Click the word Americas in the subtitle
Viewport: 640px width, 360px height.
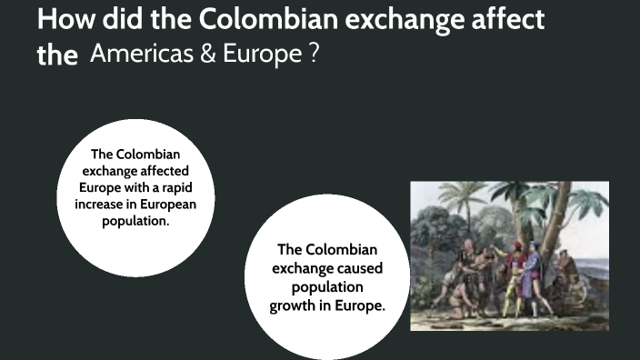pyautogui.click(x=143, y=55)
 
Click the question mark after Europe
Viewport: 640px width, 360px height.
pyautogui.click(x=314, y=55)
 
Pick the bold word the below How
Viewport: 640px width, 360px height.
pyautogui.click(x=57, y=56)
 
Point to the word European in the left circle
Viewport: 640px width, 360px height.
pyautogui.click(x=170, y=204)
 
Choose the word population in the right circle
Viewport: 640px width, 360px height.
pyautogui.click(x=327, y=287)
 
